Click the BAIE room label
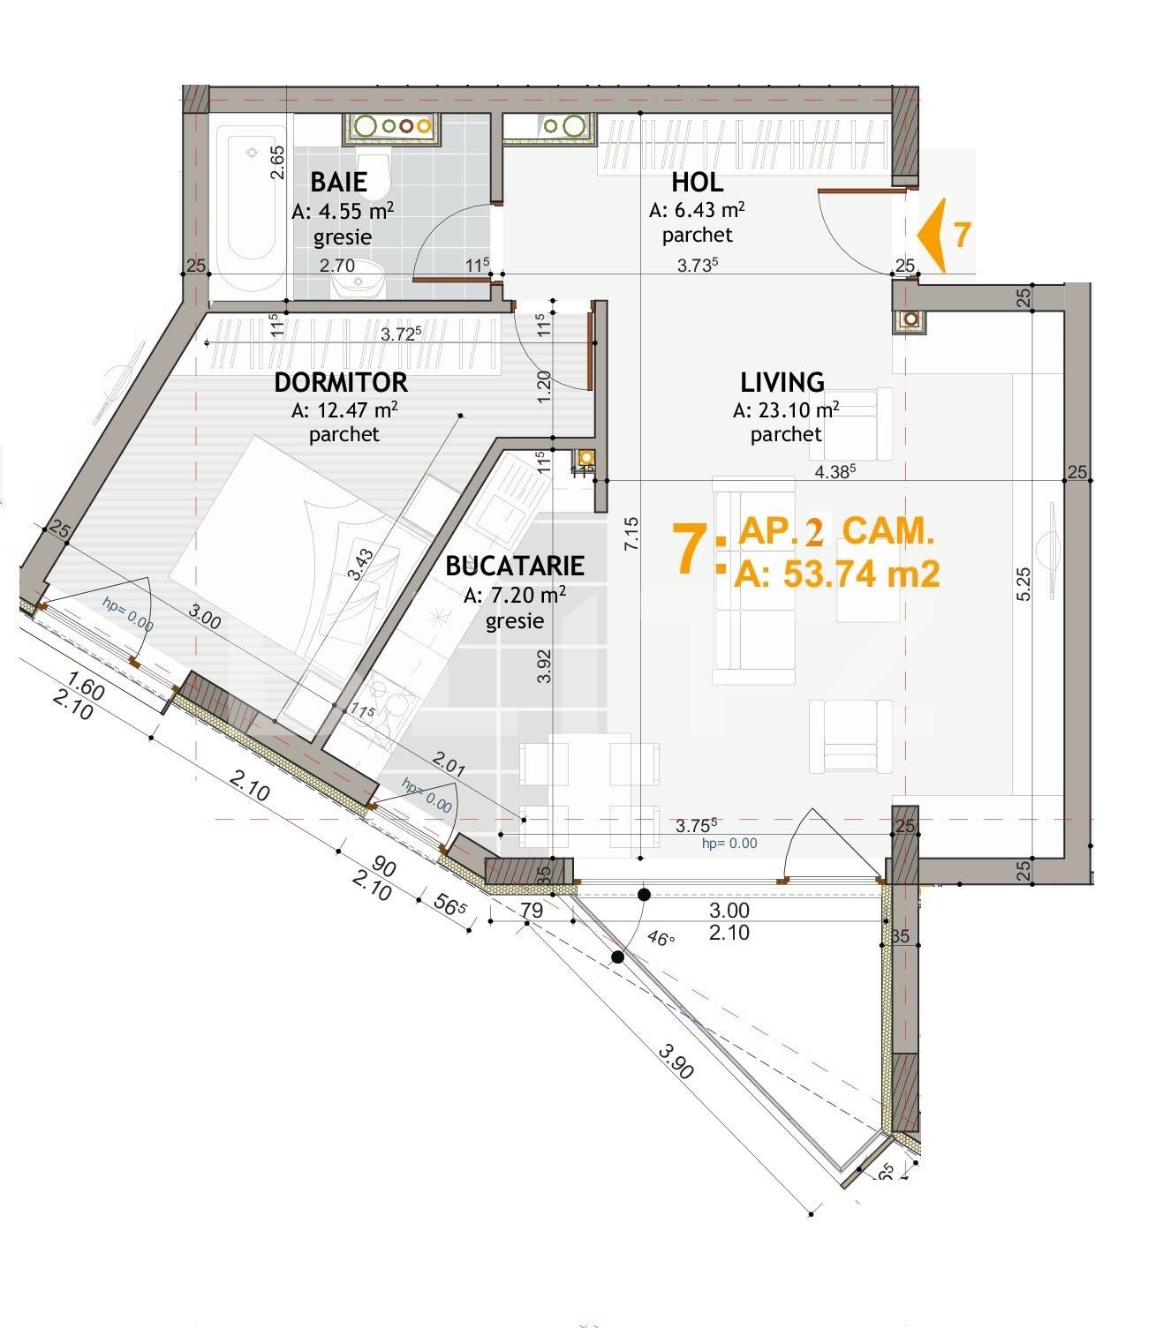point(338,182)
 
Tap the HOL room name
point(697,182)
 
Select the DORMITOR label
point(341,382)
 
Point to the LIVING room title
point(782,382)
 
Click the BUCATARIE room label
point(514,566)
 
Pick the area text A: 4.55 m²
point(343,211)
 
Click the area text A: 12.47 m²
point(344,410)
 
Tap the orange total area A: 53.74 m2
point(836,574)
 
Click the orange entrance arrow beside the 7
point(932,235)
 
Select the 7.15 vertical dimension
point(631,534)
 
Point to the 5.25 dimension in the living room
point(1023,584)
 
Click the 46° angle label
point(661,939)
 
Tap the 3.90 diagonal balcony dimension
point(676,1062)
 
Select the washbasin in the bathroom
point(357,281)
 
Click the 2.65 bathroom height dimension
point(277,162)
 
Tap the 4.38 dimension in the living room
point(835,471)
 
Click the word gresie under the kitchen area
point(514,622)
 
